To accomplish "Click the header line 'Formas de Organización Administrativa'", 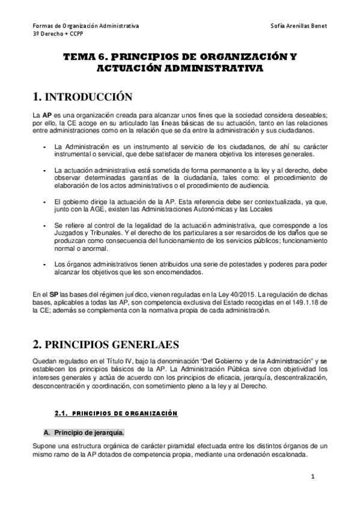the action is click(85, 26).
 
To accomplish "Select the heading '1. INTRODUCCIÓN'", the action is click(82, 96).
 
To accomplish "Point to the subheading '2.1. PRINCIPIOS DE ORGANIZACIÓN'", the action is click(116, 413).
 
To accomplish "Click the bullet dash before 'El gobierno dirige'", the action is click(45, 201).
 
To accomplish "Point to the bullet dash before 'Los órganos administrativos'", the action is click(45, 264).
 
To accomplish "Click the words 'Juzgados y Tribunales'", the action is click(85, 232).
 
